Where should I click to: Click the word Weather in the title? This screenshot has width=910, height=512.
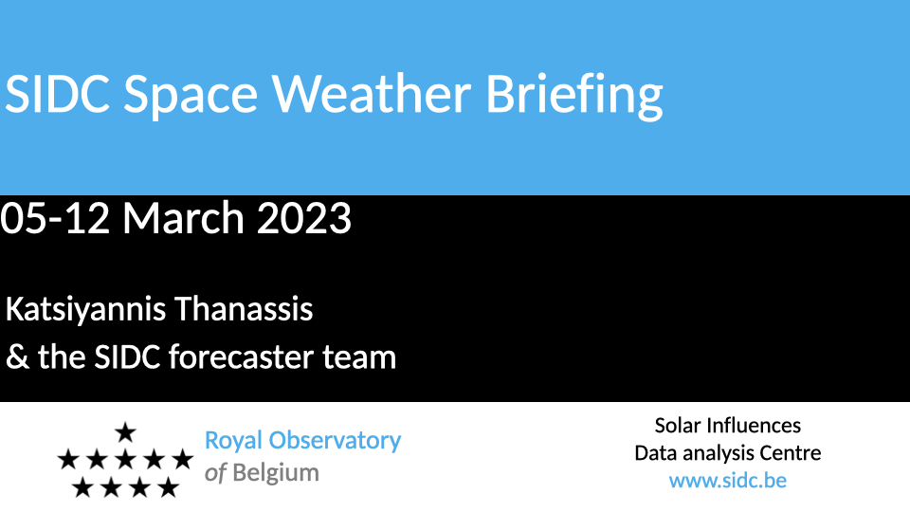372,94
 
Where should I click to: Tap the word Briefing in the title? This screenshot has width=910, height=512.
574,97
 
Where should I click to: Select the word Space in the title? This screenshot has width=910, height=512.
191,97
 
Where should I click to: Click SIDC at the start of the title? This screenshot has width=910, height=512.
57,94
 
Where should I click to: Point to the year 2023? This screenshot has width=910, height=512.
303,218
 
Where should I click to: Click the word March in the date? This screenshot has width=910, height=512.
183,218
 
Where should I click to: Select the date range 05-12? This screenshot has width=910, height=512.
55,218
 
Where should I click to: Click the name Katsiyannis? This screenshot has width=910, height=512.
86,310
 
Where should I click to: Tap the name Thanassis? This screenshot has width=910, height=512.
244,308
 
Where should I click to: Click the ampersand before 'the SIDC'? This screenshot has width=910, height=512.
17,357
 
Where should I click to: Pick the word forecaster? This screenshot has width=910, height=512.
242,357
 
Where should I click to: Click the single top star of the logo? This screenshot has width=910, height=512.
125,432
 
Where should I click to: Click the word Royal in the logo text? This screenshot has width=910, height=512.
233,442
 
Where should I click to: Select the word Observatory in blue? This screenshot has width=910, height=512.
335,442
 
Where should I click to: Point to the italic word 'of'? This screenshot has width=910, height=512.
215,472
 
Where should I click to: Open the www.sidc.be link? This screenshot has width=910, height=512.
728,481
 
